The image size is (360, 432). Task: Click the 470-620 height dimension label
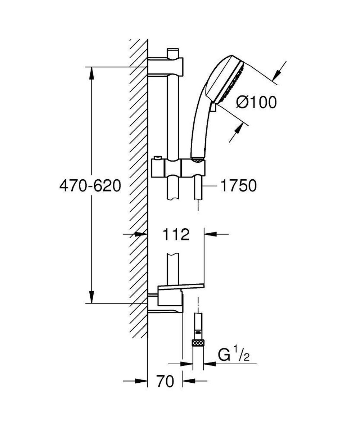(x=90, y=186)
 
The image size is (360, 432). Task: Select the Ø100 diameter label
(x=256, y=103)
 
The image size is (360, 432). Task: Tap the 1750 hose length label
(x=239, y=186)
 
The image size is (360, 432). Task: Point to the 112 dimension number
(x=175, y=235)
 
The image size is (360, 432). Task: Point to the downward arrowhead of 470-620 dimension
(x=91, y=297)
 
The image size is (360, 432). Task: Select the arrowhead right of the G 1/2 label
(x=210, y=364)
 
